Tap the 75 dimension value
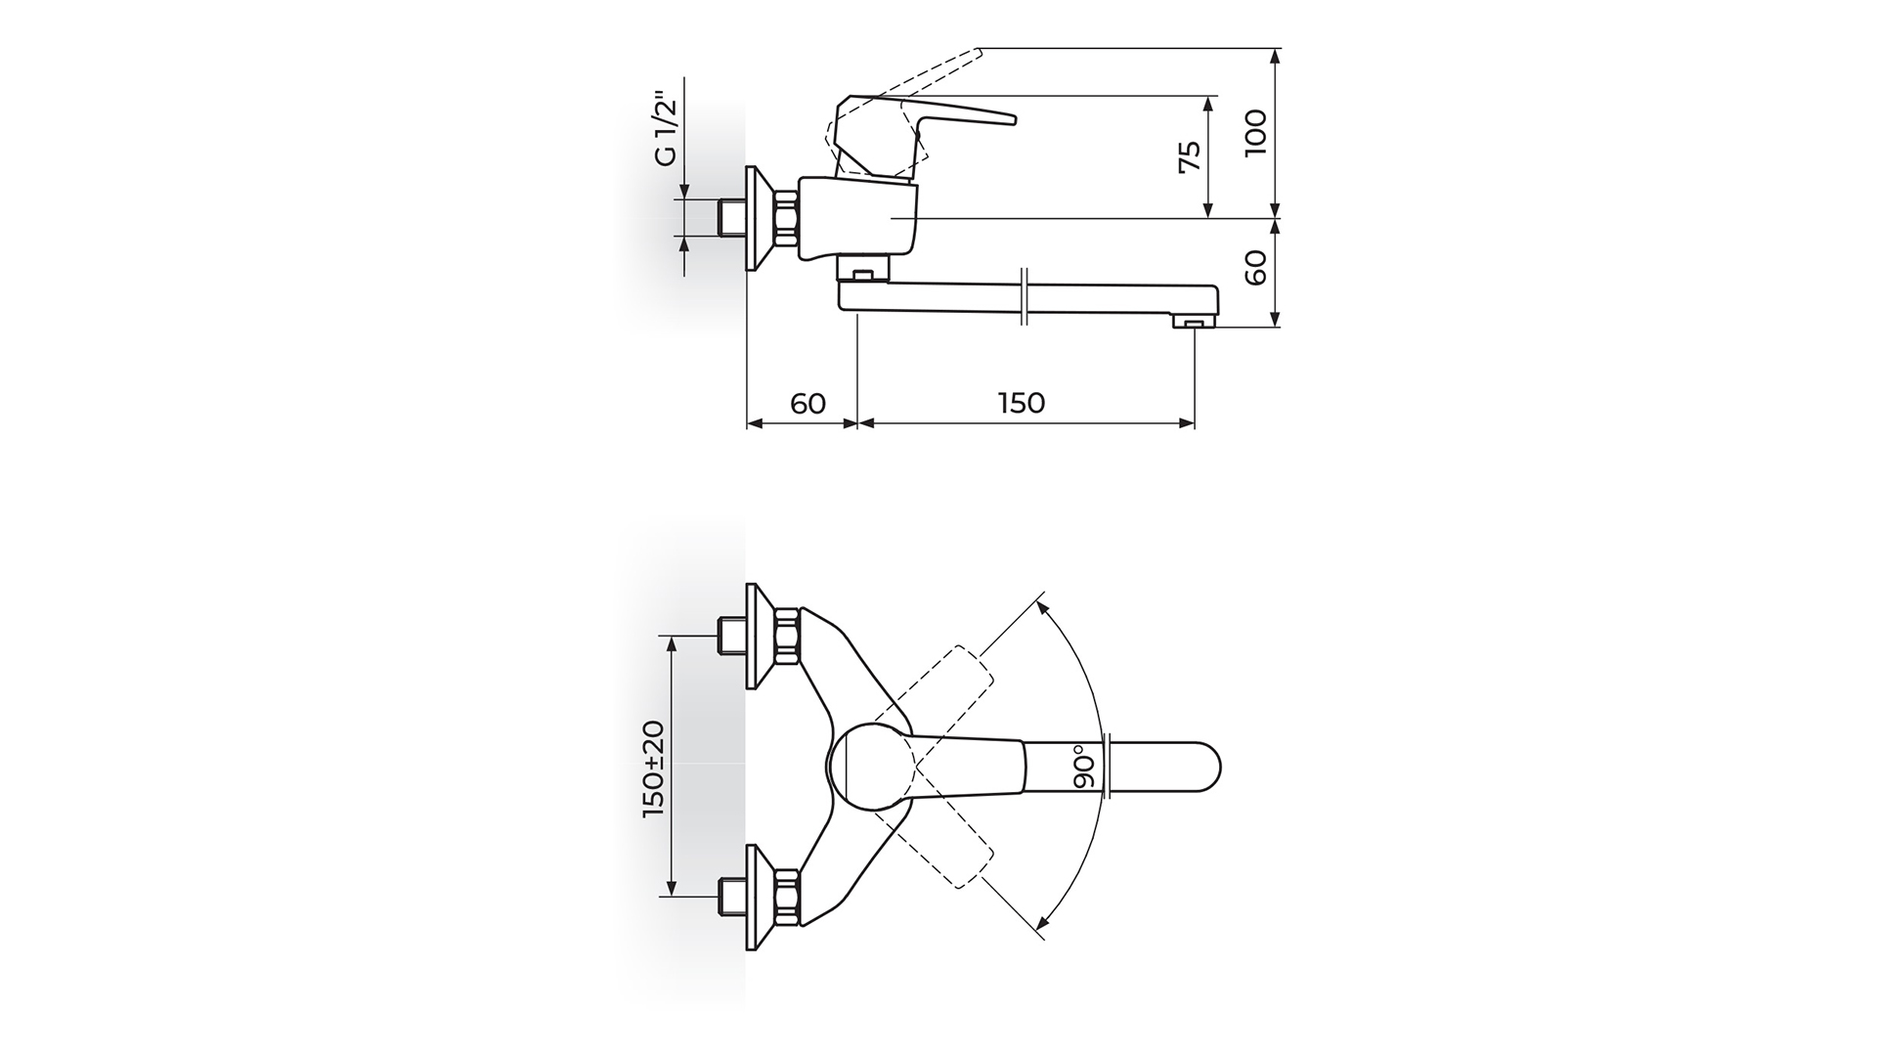[x=1189, y=156]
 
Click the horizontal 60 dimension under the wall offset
[x=808, y=403]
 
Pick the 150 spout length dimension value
[x=1022, y=403]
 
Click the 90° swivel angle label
[x=1082, y=770]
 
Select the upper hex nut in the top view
[x=787, y=637]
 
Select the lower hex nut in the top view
[x=787, y=898]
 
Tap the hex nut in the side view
[x=787, y=219]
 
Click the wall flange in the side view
[x=760, y=219]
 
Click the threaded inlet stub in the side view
[x=732, y=219]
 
